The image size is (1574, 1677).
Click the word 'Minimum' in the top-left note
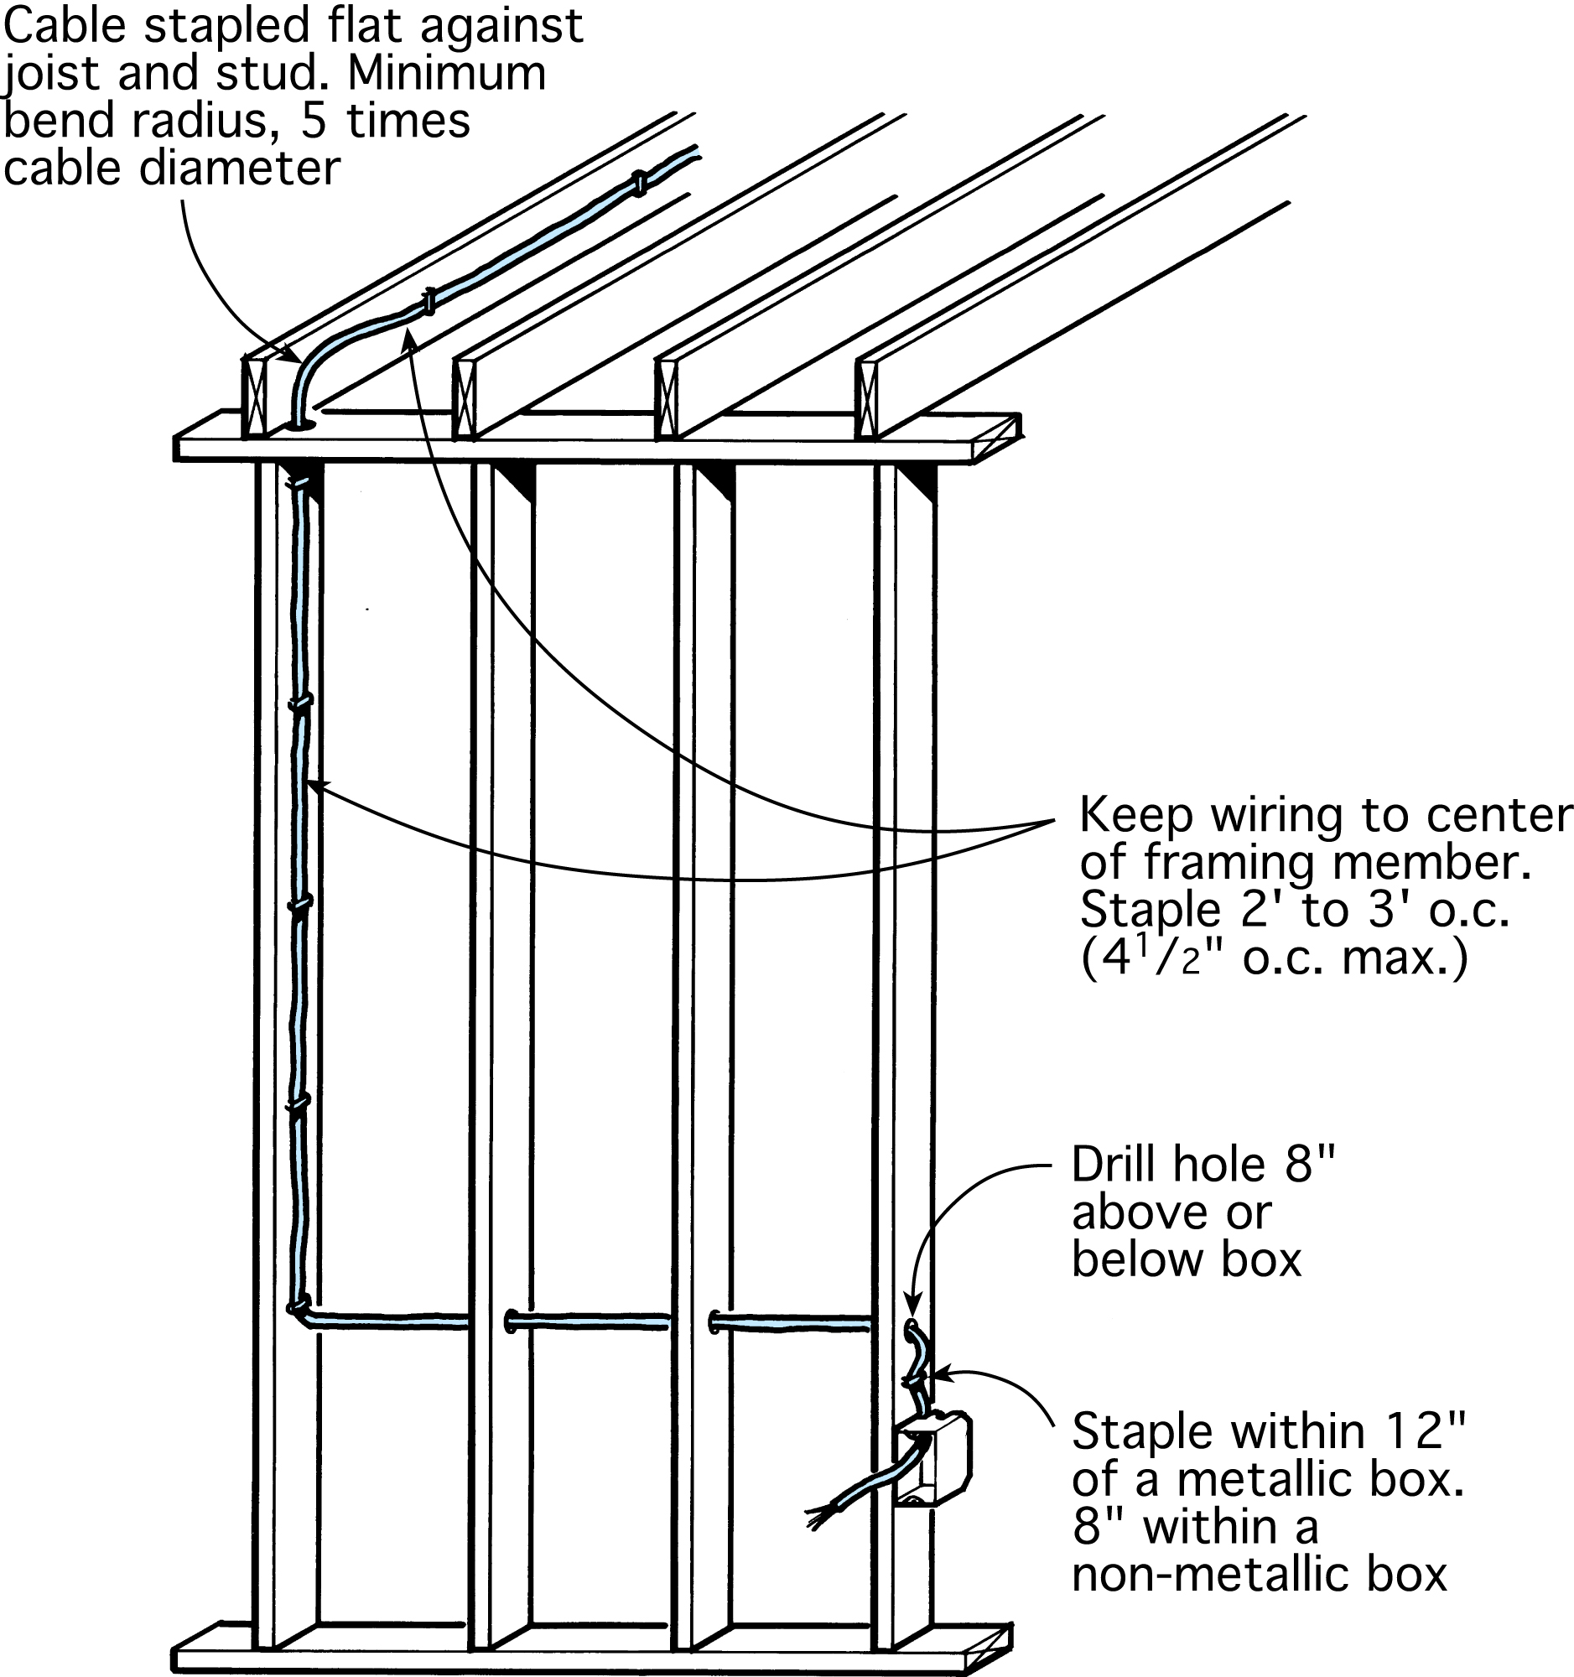click(447, 75)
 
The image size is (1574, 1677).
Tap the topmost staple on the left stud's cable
click(297, 485)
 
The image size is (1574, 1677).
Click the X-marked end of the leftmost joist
click(255, 397)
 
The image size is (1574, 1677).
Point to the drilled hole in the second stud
click(511, 1320)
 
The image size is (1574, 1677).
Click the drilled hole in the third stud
click(715, 1321)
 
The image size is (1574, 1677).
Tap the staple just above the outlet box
click(912, 1382)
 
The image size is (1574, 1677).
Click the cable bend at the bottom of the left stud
click(300, 1312)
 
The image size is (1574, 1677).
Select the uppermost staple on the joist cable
click(640, 182)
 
